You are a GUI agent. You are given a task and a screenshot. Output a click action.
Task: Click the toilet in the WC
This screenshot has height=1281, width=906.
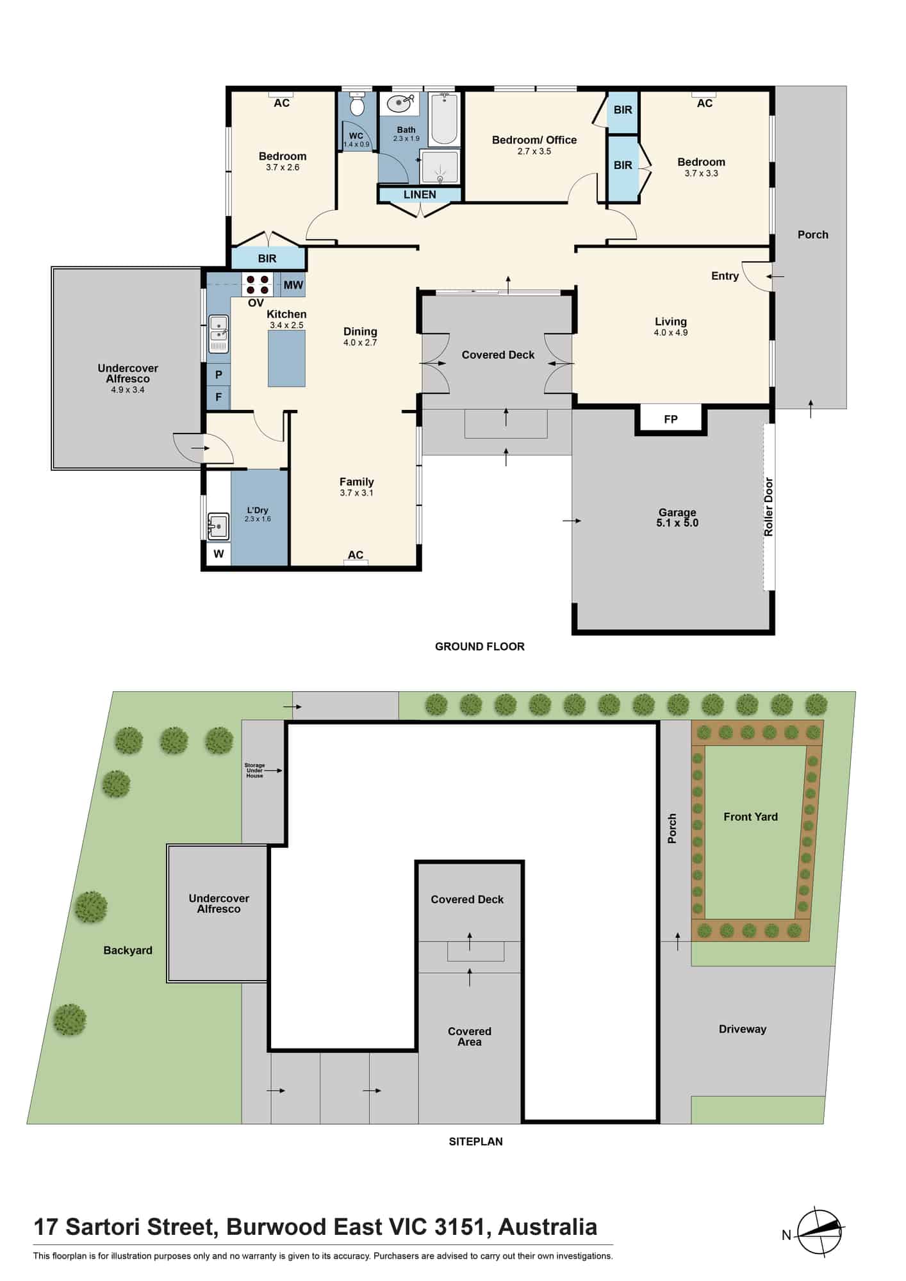357,104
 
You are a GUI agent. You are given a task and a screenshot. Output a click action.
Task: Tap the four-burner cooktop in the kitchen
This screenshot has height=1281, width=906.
257,284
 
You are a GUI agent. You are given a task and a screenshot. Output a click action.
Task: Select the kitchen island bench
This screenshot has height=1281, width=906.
286,359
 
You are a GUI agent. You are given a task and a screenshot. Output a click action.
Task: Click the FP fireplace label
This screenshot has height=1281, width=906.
671,420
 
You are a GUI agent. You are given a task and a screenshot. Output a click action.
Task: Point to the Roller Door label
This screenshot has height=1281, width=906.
768,507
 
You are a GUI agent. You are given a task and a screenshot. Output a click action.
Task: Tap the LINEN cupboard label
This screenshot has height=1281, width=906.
420,195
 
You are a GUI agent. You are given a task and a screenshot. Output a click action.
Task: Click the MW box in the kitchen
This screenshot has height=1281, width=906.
293,285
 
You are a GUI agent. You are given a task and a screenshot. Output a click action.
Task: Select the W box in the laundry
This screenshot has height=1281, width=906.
218,553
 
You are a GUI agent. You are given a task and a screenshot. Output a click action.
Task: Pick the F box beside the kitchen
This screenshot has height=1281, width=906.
218,397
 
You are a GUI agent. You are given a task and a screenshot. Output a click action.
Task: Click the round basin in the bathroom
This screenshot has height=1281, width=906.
402,103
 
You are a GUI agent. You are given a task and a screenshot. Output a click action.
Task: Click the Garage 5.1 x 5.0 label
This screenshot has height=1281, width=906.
677,518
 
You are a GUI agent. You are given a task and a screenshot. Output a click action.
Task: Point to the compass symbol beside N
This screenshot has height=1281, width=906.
820,1231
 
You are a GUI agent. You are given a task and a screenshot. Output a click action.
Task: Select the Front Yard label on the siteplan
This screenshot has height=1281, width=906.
750,817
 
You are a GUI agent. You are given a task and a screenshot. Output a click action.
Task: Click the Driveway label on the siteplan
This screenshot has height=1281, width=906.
743,1029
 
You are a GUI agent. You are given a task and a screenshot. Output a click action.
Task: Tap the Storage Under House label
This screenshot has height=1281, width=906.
254,771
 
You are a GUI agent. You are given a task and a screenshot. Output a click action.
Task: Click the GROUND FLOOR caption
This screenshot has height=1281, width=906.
480,646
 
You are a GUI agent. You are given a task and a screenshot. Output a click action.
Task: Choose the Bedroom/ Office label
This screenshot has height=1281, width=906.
534,140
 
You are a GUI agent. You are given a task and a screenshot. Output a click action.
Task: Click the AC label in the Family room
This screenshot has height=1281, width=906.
356,555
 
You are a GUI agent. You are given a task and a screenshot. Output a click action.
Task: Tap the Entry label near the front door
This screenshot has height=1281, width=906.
725,276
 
